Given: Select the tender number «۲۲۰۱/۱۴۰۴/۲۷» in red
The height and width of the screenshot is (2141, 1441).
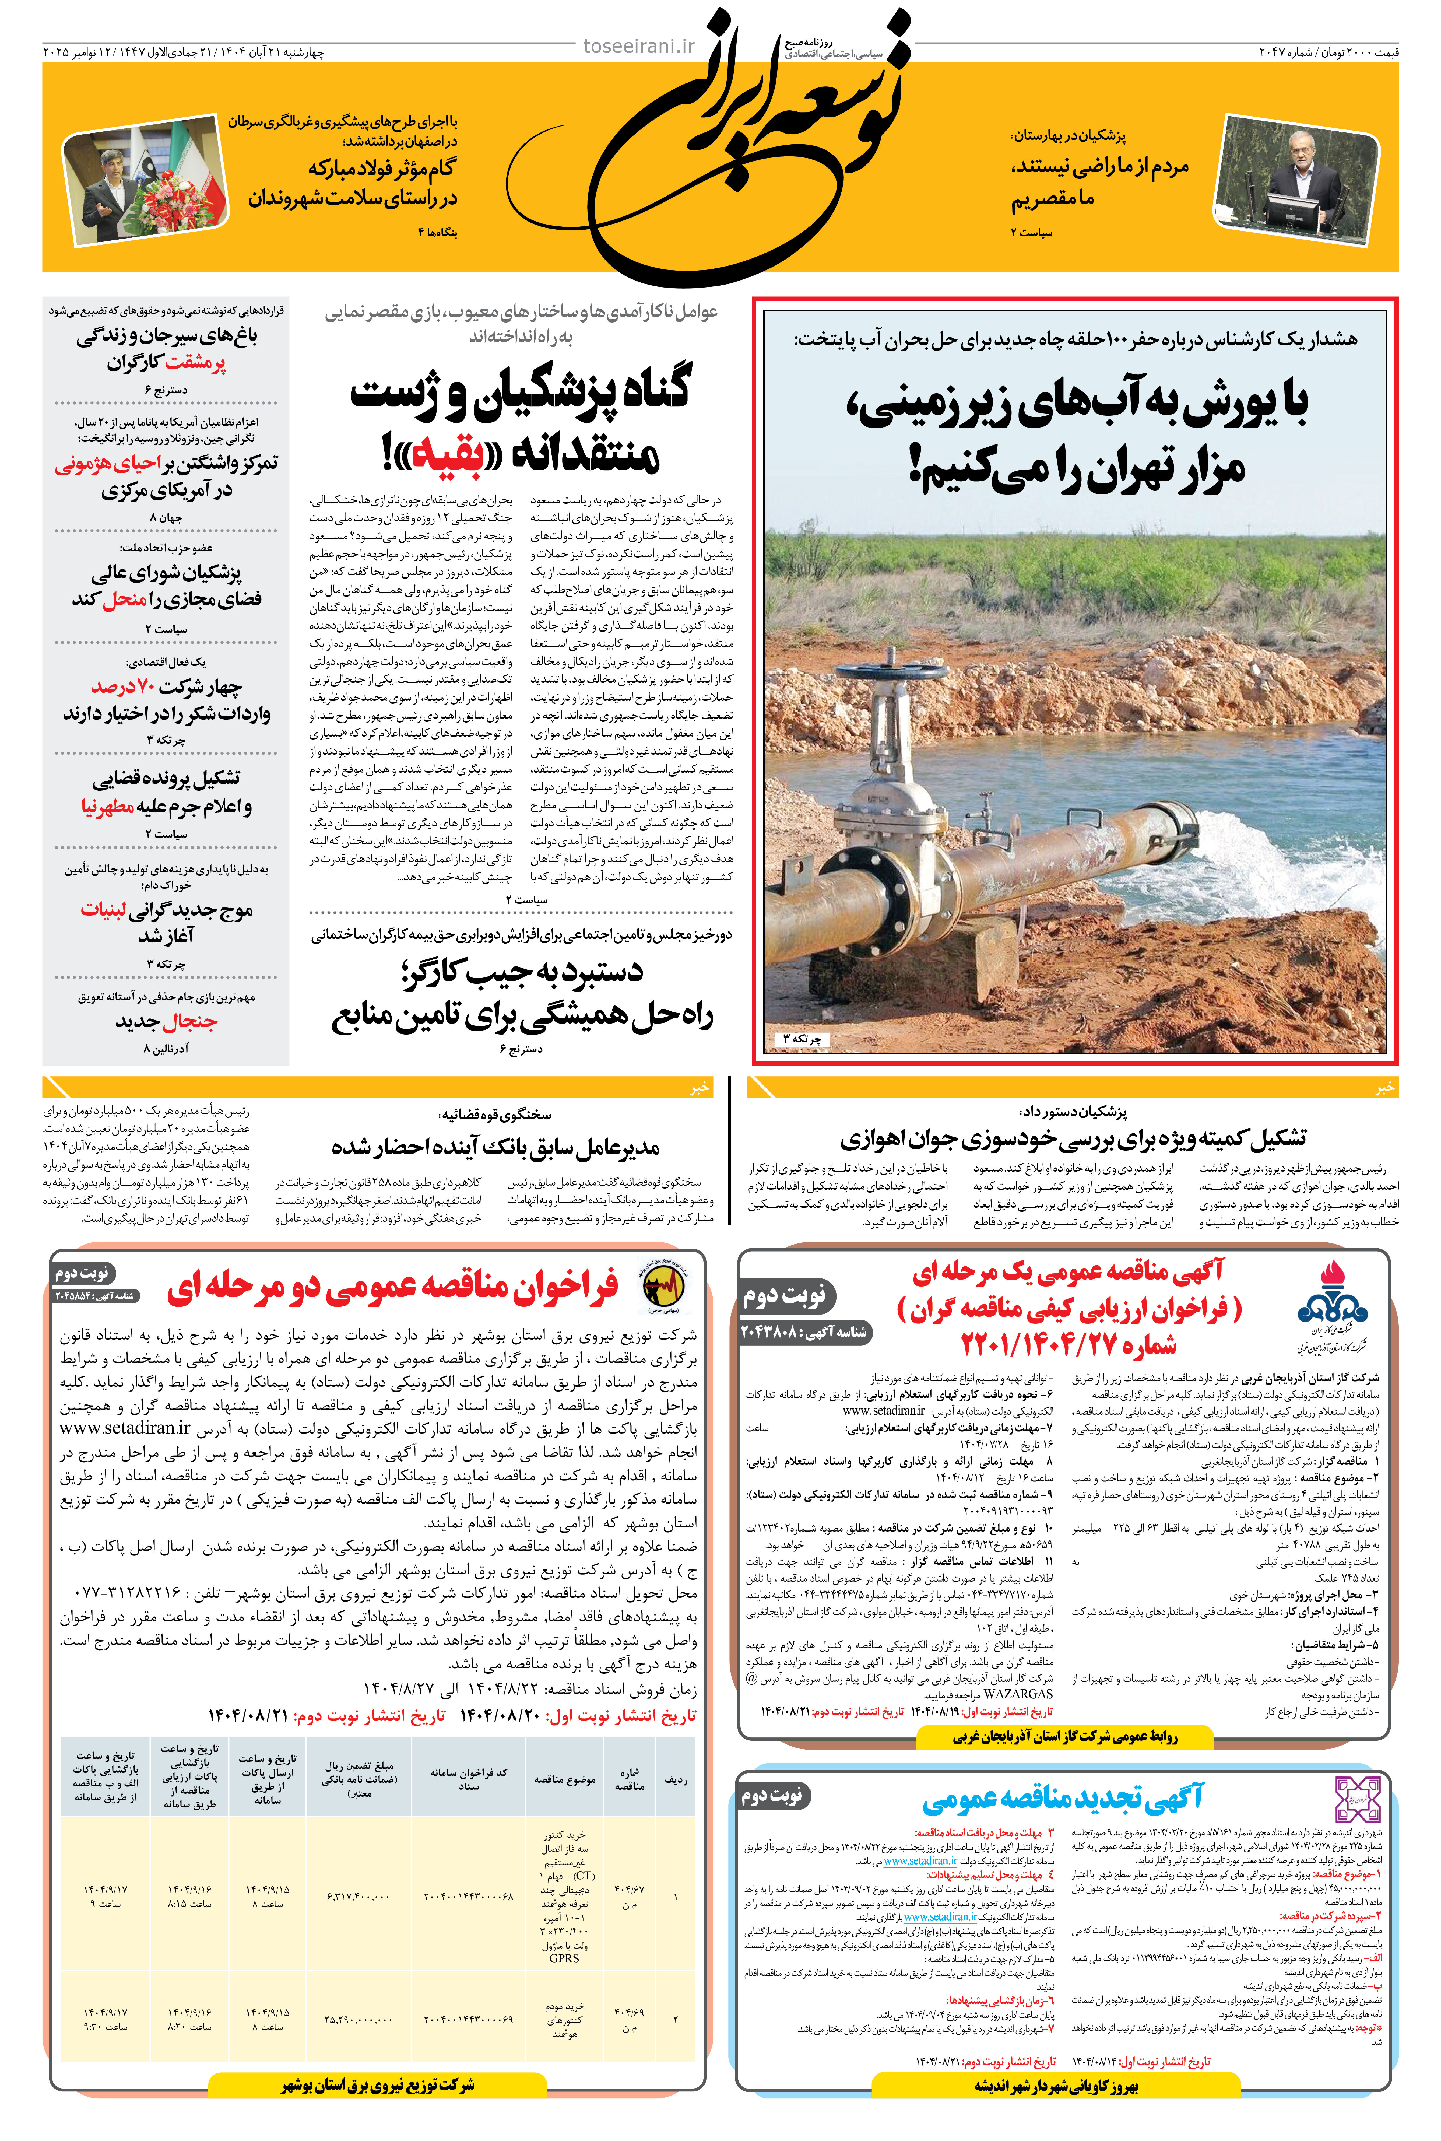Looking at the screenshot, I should click(x=1068, y=1344).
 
